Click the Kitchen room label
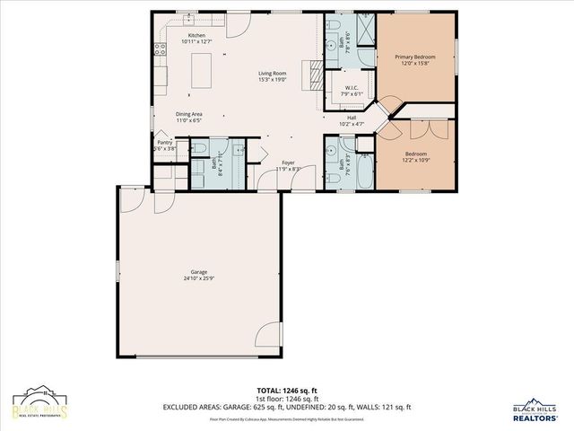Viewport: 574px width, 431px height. (196, 35)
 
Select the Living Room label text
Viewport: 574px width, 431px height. (272, 74)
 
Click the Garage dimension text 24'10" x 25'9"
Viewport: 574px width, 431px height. (198, 277)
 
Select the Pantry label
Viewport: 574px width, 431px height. (164, 142)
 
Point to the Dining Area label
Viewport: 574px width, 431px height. (189, 114)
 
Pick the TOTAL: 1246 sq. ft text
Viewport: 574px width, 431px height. (287, 391)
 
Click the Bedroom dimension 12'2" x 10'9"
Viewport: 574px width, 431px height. (415, 160)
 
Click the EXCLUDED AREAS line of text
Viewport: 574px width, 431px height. (287, 407)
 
